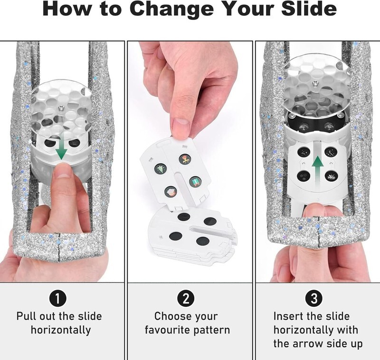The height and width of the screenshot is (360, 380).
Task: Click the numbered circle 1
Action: click(x=58, y=299)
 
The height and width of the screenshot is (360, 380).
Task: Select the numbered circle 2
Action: click(x=186, y=299)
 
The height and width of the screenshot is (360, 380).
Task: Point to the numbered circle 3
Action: click(x=314, y=299)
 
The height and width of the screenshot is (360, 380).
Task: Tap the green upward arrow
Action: click(x=318, y=165)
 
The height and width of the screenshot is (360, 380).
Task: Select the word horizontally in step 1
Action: click(x=61, y=330)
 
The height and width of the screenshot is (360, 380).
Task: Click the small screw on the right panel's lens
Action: click(x=315, y=84)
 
